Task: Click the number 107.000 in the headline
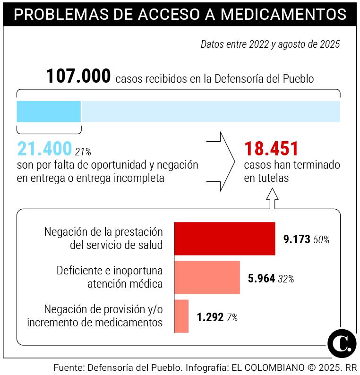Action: click(x=78, y=77)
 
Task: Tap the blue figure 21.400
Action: click(x=44, y=149)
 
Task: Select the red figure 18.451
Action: click(x=271, y=149)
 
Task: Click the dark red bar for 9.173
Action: click(x=224, y=239)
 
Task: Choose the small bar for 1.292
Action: click(x=181, y=316)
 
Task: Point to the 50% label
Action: click(x=321, y=240)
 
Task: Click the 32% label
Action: click(x=286, y=279)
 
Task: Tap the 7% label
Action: click(x=232, y=318)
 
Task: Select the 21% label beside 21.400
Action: click(x=83, y=152)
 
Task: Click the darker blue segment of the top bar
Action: click(x=49, y=111)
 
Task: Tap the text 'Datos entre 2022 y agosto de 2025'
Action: click(x=270, y=45)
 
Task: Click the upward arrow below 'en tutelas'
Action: click(x=272, y=198)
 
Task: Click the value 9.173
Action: click(x=297, y=239)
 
